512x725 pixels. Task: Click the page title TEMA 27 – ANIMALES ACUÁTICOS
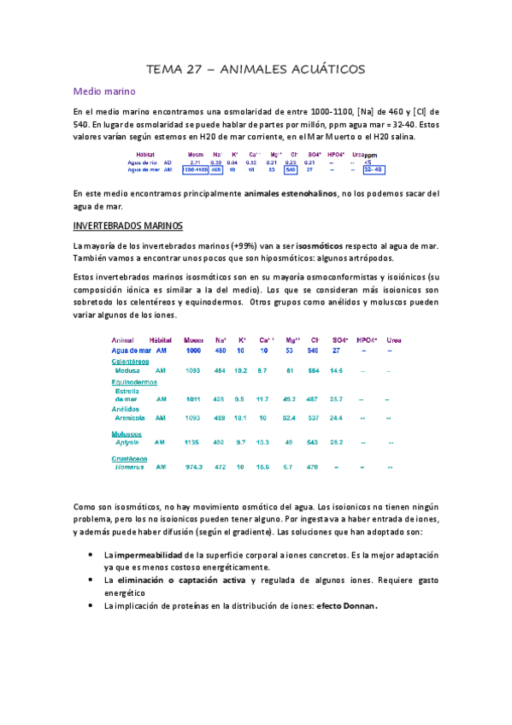(256, 68)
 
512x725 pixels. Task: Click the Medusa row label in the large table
(128, 371)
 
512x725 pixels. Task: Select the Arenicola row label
(130, 418)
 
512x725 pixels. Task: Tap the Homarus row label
(129, 468)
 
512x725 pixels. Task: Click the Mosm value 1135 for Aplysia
(194, 443)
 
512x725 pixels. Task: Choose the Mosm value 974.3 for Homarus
(194, 468)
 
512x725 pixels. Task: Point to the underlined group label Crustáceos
(130, 459)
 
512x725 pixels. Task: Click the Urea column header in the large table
(395, 340)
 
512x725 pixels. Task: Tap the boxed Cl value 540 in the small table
(291, 169)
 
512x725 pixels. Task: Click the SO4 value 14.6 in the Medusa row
(336, 371)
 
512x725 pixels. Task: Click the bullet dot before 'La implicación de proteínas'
(91, 606)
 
